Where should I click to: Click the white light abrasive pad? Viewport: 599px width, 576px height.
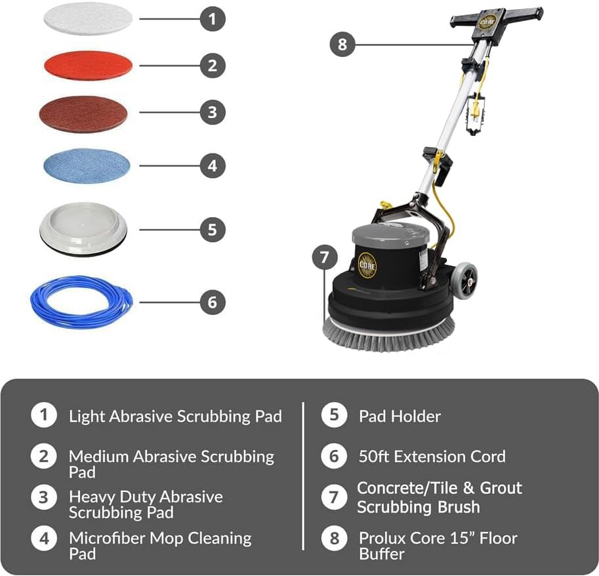[x=88, y=18]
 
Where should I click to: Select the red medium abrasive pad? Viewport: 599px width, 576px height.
[x=88, y=65]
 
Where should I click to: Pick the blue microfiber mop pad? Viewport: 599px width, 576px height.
[x=87, y=165]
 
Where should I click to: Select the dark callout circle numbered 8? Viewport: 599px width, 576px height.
[x=342, y=45]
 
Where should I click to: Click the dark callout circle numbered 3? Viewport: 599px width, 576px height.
[x=212, y=112]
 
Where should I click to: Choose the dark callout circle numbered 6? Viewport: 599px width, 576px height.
[x=212, y=302]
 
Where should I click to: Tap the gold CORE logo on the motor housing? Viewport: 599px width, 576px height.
[x=367, y=264]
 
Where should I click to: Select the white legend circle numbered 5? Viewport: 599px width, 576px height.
[x=334, y=416]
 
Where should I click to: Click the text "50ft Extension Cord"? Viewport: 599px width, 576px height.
[x=432, y=456]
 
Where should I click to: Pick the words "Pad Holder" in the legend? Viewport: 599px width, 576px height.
[x=400, y=416]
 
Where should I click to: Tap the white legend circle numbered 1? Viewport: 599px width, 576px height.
[x=43, y=415]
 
